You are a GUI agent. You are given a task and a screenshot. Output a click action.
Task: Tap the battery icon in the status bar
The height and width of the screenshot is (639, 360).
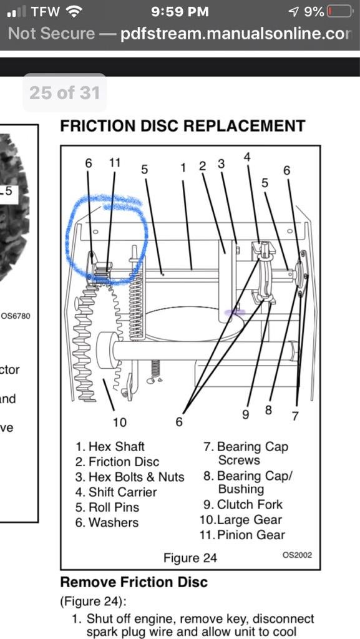[x=338, y=12]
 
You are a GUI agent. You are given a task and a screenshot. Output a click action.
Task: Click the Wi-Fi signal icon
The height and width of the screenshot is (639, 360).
[x=75, y=11]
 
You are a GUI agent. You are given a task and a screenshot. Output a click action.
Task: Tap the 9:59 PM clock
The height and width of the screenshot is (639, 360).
[x=180, y=11]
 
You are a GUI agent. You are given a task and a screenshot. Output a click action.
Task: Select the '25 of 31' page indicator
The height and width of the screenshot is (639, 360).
[x=64, y=93]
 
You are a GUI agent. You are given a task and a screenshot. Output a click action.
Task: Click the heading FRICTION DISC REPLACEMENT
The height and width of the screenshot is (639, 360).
[x=182, y=126]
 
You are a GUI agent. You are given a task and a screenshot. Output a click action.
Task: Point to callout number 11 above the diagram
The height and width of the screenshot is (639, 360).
[x=114, y=162]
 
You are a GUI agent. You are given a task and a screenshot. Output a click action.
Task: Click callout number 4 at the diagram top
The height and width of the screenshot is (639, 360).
[x=247, y=157]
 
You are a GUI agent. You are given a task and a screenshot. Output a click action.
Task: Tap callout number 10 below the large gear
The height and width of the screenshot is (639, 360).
[x=119, y=422]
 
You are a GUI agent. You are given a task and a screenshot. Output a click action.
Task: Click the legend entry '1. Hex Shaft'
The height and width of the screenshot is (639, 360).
[x=110, y=447]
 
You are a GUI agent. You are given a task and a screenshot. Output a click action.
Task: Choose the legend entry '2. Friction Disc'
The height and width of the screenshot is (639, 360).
[x=117, y=462]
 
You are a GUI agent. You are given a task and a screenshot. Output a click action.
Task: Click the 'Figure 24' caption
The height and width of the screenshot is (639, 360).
[x=190, y=558]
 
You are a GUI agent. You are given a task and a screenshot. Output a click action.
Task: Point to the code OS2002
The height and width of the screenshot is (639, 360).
[x=297, y=555]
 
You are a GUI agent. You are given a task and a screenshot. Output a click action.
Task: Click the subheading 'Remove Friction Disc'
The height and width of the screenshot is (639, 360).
[x=134, y=582]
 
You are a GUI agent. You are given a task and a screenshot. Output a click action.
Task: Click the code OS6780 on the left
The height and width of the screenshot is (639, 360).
[x=16, y=316]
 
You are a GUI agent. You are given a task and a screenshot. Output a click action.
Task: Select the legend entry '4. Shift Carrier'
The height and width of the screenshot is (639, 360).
[x=116, y=492]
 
